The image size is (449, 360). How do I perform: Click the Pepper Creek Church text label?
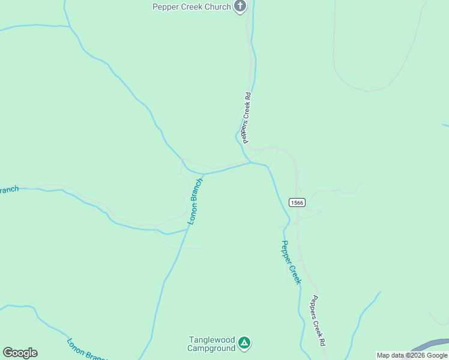191,7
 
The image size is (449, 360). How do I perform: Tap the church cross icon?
240,7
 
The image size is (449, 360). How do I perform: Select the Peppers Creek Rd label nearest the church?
246,118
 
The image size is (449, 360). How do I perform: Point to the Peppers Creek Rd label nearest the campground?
318,321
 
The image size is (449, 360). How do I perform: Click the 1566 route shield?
297,203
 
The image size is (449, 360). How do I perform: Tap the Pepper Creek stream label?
291,262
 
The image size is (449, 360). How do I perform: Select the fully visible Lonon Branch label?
196,201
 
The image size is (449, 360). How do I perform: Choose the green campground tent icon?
244,343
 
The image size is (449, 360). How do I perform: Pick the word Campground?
211,349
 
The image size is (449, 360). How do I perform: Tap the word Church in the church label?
217,7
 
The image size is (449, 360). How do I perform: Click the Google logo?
20,353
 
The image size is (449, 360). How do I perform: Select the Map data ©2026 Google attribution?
412,355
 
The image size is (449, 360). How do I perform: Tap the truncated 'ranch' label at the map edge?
9,190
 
